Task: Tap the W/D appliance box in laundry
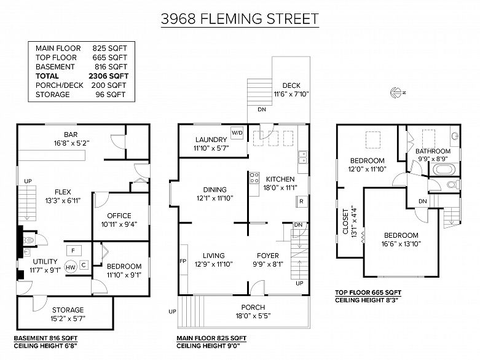pos(237,133)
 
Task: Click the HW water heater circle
pos(71,267)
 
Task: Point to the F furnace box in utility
pos(73,251)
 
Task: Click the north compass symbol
pos(395,93)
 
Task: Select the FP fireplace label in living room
pos(183,260)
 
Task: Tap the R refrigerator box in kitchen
pos(301,201)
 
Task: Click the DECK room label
pos(291,85)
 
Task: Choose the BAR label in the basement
pos(70,135)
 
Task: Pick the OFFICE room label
pos(119,216)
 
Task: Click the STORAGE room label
pos(68,310)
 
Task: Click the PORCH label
pos(253,307)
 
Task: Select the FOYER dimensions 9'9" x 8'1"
pos(267,265)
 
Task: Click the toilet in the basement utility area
pos(28,241)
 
